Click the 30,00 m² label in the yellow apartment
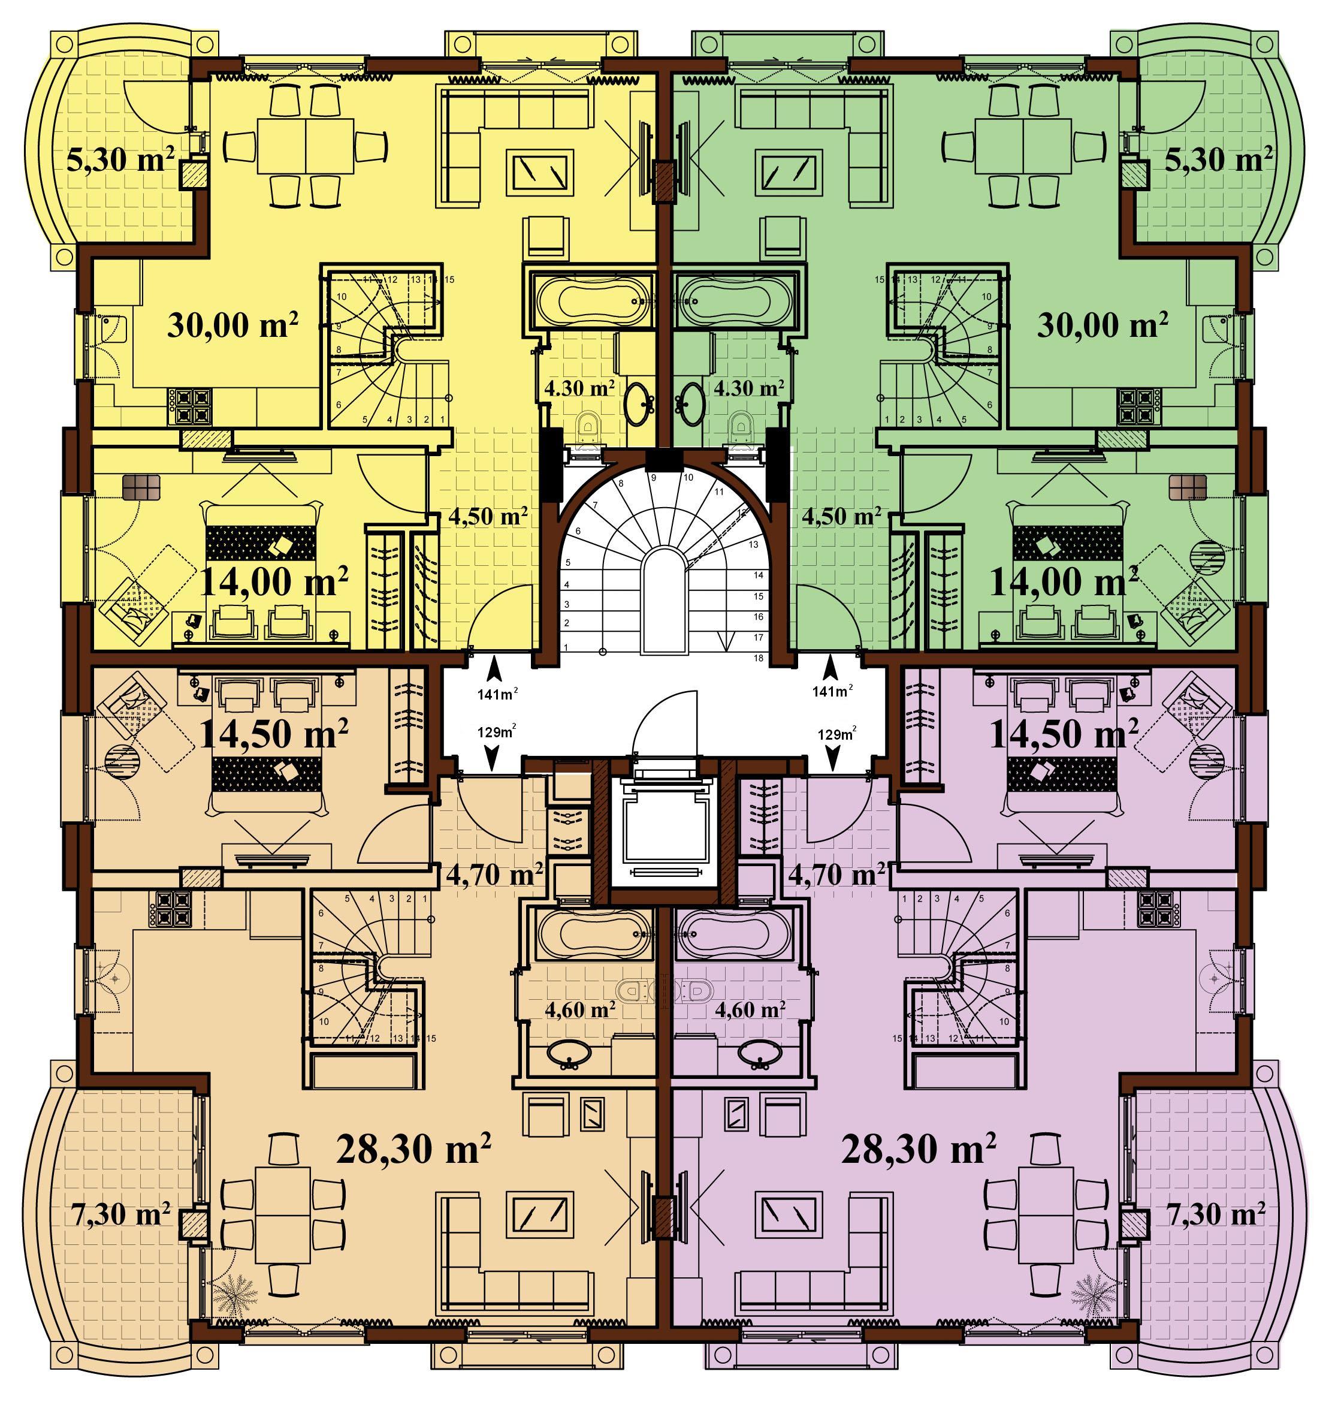coord(233,325)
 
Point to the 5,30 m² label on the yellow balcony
coord(121,159)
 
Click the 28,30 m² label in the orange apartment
coord(413,1149)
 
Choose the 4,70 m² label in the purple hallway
coord(836,875)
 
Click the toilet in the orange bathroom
coord(634,991)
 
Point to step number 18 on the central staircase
coord(759,658)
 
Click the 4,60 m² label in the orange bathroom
coord(580,1010)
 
